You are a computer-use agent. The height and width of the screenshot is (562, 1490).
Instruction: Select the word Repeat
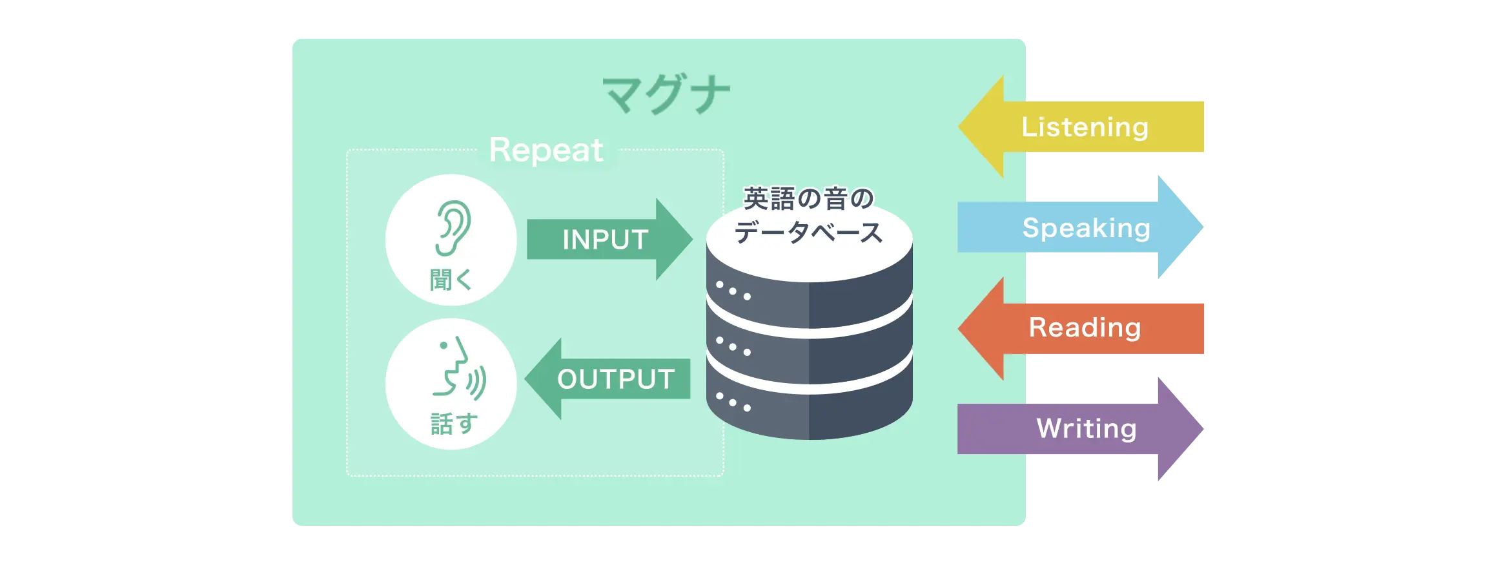click(x=546, y=151)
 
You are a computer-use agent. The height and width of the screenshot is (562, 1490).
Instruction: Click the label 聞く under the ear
click(x=451, y=280)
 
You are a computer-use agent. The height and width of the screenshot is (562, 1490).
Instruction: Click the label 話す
click(x=454, y=424)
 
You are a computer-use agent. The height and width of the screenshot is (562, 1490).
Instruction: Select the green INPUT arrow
click(x=609, y=240)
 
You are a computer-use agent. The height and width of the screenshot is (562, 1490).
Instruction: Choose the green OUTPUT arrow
click(x=607, y=379)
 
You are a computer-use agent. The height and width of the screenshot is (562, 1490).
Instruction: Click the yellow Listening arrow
click(x=1081, y=127)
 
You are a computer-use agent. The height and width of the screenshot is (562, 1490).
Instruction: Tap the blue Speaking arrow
click(x=1081, y=227)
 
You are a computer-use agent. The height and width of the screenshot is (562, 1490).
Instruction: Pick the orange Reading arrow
click(x=1081, y=328)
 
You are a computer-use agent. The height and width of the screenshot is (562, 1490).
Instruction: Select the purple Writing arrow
click(x=1081, y=429)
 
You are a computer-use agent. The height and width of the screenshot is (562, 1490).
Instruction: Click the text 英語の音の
click(x=809, y=198)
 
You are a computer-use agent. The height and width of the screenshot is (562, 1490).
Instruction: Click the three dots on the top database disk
click(x=733, y=291)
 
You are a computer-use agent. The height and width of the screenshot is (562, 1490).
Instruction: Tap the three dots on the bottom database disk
click(x=733, y=402)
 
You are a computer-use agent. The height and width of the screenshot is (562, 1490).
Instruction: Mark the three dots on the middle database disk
click(x=733, y=346)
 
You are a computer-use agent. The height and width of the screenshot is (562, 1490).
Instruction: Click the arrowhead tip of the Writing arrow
click(x=1203, y=429)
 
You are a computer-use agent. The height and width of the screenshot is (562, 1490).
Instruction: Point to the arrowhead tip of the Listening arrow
click(x=959, y=127)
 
